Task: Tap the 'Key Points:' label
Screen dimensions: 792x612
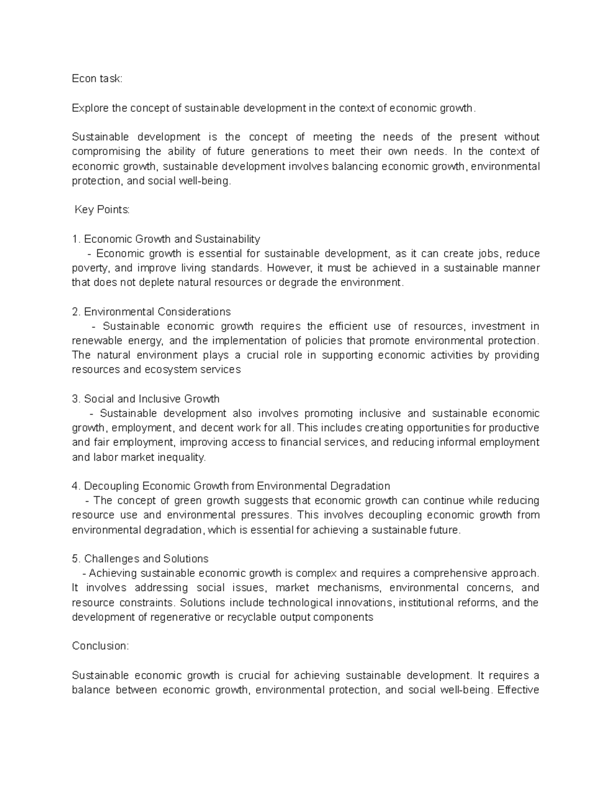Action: (x=102, y=210)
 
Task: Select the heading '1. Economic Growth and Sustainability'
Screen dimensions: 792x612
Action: (x=166, y=239)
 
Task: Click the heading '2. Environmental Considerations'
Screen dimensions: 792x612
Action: (x=151, y=312)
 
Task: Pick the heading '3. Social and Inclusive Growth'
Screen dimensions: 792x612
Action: (x=146, y=399)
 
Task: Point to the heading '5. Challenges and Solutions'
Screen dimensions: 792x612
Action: (x=140, y=558)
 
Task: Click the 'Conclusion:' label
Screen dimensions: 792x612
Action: (x=100, y=646)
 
